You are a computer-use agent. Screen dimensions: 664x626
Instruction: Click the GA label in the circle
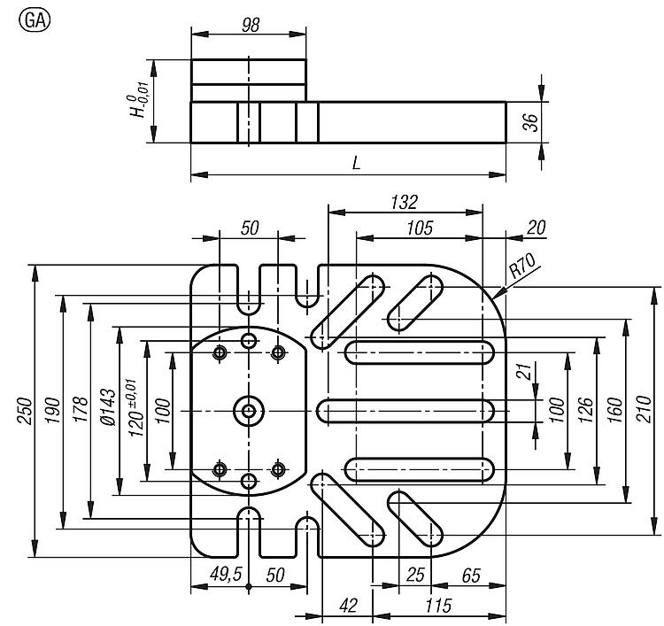[35, 20]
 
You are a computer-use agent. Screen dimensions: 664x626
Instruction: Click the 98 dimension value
[251, 25]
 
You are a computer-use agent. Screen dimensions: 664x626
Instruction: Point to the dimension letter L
[357, 163]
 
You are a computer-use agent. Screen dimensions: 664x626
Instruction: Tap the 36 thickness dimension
[530, 122]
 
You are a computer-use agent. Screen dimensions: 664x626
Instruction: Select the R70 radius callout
[521, 265]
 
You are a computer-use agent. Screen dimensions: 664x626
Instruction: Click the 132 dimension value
[404, 202]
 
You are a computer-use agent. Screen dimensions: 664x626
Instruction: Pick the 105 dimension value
[420, 228]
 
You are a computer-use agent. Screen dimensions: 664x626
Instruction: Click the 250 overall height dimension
[24, 411]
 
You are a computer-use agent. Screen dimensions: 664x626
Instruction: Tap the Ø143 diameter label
[107, 407]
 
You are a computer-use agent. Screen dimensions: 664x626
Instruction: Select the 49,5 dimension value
[226, 574]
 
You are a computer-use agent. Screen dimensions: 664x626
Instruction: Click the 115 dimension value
[438, 606]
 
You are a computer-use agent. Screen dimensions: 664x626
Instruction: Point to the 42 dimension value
[348, 606]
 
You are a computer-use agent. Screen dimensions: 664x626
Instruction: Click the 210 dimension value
[645, 409]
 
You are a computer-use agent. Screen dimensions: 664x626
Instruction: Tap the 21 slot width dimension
[524, 372]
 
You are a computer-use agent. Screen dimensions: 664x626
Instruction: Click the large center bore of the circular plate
[249, 411]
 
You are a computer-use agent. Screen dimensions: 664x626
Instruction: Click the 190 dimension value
[53, 411]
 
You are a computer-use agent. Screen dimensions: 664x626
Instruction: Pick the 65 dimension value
[471, 576]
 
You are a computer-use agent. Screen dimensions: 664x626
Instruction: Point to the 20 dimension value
[536, 228]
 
